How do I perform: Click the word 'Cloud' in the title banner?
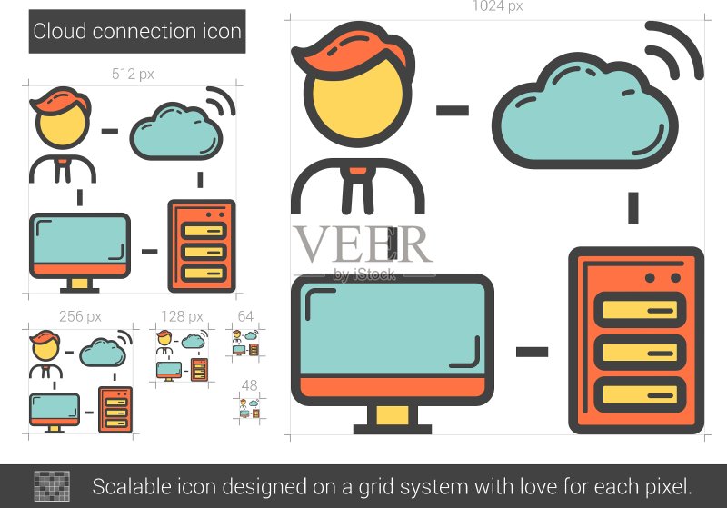60,32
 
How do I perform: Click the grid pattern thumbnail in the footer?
52,486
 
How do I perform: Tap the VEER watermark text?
363,244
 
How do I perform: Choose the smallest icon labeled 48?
249,408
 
